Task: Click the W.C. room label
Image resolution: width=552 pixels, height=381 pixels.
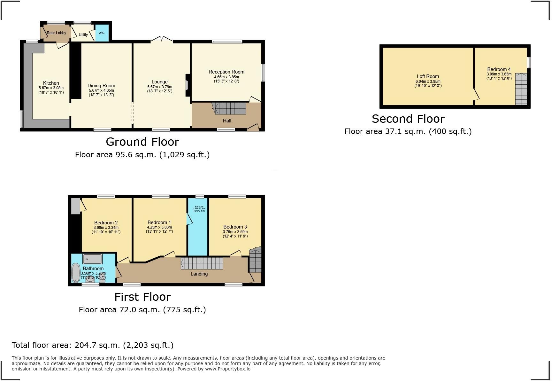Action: tap(102, 33)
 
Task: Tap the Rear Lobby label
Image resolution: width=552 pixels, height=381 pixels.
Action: tap(56, 33)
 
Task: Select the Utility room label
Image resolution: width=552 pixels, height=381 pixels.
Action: tap(83, 35)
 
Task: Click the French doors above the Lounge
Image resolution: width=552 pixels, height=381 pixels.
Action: tap(162, 39)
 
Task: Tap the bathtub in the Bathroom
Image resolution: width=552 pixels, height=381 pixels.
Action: tap(76, 273)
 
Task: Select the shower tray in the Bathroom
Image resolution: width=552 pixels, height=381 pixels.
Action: tap(93, 259)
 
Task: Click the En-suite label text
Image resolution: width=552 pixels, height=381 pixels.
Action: tap(199, 207)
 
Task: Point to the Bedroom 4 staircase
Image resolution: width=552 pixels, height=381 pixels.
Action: tap(521, 89)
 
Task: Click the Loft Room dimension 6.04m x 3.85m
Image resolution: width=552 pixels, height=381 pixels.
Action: tap(428, 82)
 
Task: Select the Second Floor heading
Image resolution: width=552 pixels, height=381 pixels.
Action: tap(408, 119)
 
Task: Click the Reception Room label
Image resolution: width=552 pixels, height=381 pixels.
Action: tap(226, 72)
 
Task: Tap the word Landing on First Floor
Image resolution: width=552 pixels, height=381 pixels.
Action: tap(199, 274)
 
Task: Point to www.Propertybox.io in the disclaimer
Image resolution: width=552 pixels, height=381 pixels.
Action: tap(227, 369)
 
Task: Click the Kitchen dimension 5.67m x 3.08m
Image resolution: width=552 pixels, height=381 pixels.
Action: tap(51, 88)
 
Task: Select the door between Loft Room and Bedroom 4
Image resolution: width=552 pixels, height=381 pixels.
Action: tap(476, 95)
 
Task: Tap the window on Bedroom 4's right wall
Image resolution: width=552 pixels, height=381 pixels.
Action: tap(529, 62)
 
